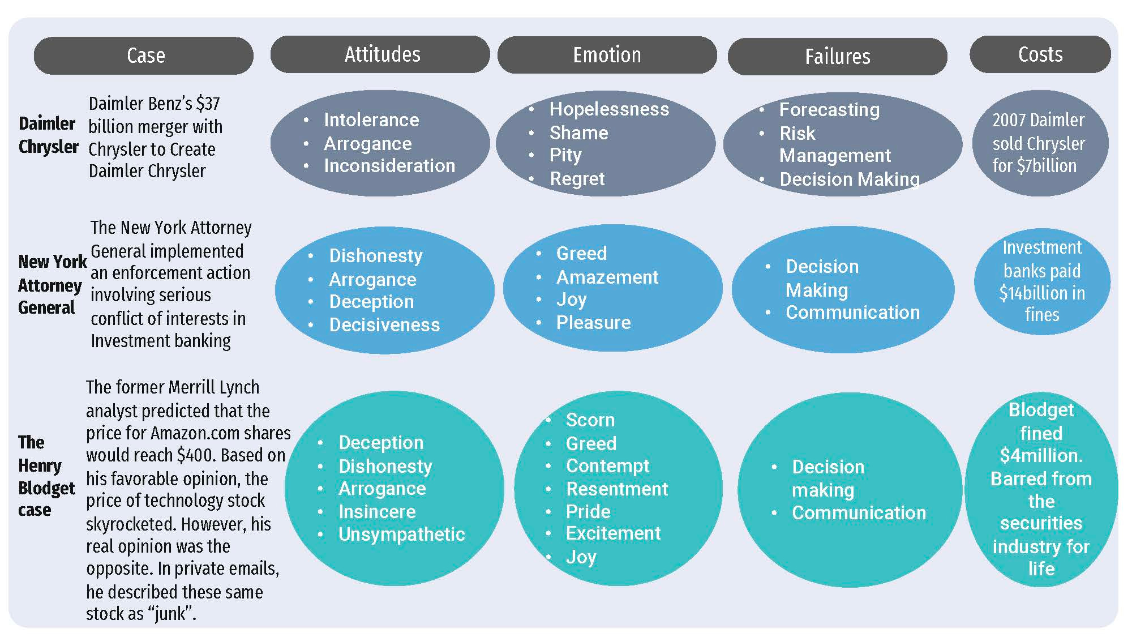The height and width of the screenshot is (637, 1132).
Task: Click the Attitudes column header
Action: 382,54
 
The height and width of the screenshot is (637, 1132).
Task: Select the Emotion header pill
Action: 607,55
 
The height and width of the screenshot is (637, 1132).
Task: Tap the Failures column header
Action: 837,57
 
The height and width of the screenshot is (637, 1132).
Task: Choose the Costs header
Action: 1040,54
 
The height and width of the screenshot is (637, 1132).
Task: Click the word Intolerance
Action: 371,119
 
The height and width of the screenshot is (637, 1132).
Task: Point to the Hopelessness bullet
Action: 609,109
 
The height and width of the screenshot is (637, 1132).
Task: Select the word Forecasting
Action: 829,109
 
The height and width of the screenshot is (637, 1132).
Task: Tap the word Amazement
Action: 607,277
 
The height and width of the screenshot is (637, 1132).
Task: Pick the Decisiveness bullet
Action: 384,324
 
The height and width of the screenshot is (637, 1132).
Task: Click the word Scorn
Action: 590,420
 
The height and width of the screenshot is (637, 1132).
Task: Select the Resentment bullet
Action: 617,489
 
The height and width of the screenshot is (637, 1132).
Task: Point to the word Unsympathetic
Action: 401,534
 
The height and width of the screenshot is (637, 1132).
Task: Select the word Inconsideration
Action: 389,165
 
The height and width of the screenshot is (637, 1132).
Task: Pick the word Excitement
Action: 613,533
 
